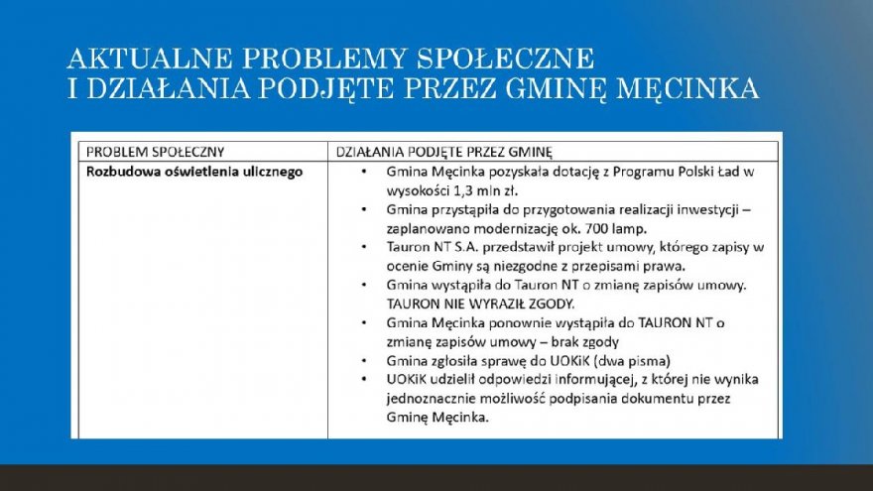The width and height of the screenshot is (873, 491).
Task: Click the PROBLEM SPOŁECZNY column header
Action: tap(156, 152)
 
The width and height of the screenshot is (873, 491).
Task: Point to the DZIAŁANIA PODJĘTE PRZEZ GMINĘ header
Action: tap(443, 152)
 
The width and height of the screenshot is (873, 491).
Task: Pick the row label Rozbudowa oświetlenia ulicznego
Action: tap(193, 172)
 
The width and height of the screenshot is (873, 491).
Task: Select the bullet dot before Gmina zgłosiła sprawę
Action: tap(364, 360)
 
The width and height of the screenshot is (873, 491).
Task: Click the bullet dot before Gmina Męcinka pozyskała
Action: tap(364, 172)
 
